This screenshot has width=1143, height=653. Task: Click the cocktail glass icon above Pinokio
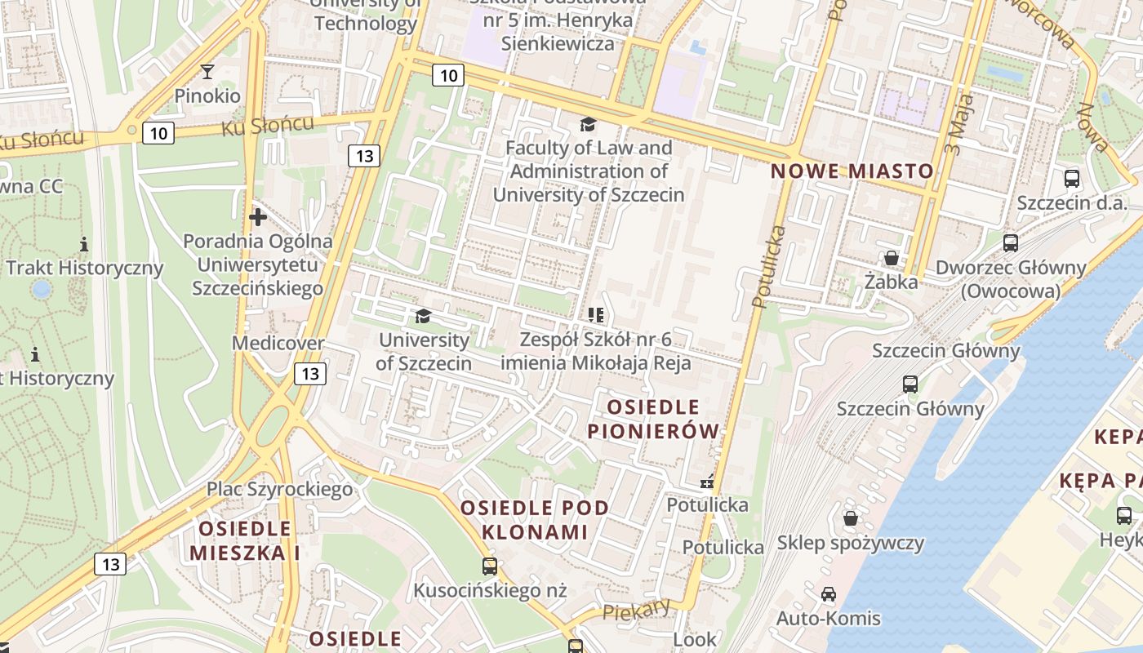tap(207, 72)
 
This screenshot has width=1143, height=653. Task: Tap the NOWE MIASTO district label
tap(852, 171)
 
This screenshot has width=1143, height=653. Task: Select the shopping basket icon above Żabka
tap(891, 258)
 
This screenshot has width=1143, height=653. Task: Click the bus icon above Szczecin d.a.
tap(1072, 178)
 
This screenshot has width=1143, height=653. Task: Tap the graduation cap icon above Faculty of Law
tap(588, 124)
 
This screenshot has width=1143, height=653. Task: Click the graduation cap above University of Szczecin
tap(423, 316)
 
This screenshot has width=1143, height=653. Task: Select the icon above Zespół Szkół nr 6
tap(595, 315)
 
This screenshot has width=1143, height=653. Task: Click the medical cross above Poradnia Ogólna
tap(258, 217)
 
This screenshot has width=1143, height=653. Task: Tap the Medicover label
tap(278, 343)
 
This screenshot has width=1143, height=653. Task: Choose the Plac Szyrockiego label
tap(279, 489)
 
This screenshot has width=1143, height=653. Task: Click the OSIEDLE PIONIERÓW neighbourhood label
tap(654, 419)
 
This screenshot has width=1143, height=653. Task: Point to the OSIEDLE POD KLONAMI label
tap(535, 520)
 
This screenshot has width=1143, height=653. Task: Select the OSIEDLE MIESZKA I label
tap(245, 540)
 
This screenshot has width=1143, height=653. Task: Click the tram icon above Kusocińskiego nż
tap(489, 566)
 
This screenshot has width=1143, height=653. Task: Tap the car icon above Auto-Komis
tap(829, 594)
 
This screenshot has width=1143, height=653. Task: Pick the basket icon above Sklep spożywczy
tap(851, 518)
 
